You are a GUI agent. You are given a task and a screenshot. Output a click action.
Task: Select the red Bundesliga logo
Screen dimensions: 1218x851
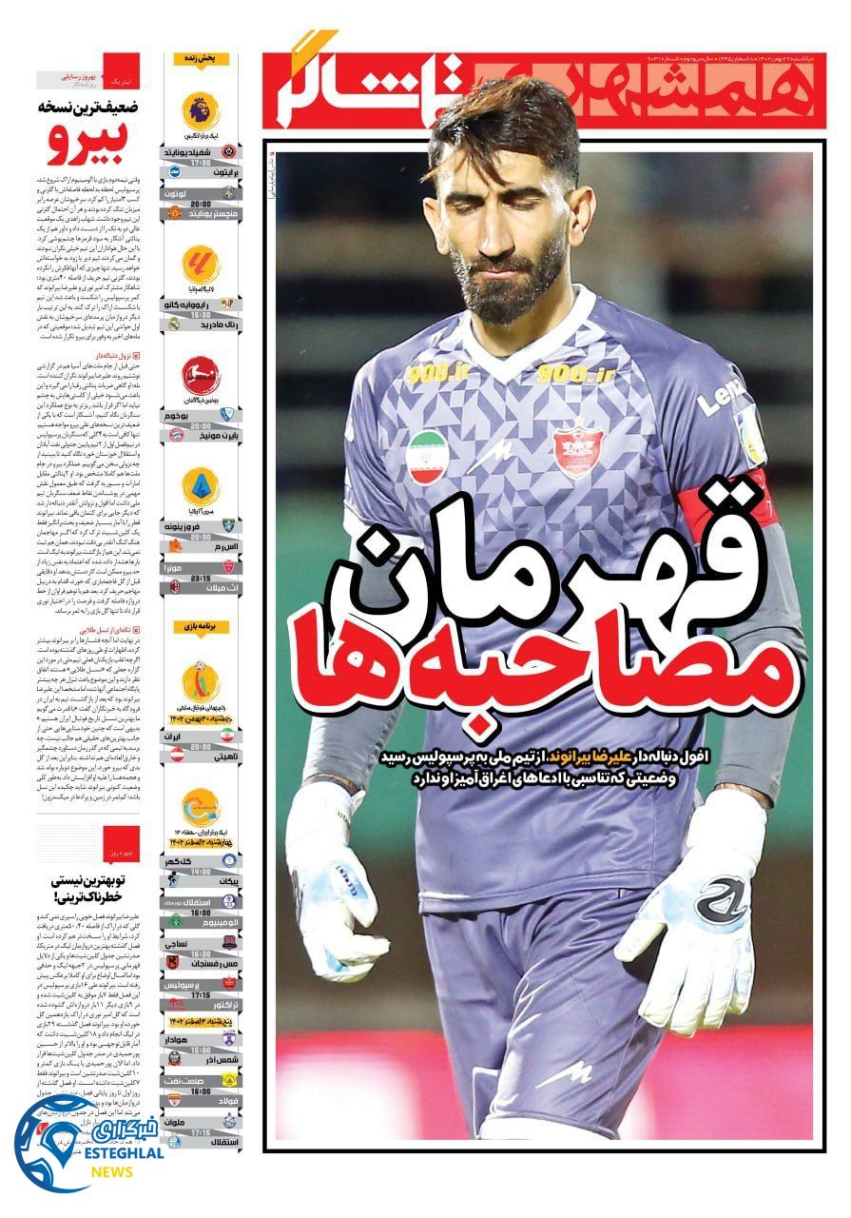tap(201, 375)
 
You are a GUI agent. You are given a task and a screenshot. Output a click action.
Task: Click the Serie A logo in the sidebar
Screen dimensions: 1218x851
tap(201, 486)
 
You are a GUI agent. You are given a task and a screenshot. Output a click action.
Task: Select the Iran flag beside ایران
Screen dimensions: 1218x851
tap(228, 736)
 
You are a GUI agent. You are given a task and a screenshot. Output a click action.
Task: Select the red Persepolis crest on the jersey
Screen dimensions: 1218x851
tap(579, 447)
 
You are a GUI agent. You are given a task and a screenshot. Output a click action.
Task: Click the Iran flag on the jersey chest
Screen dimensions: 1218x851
tap(427, 457)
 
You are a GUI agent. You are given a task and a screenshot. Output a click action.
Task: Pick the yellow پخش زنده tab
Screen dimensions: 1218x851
tap(201, 59)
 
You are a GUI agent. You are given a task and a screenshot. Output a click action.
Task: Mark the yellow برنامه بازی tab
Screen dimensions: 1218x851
tap(201, 629)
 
